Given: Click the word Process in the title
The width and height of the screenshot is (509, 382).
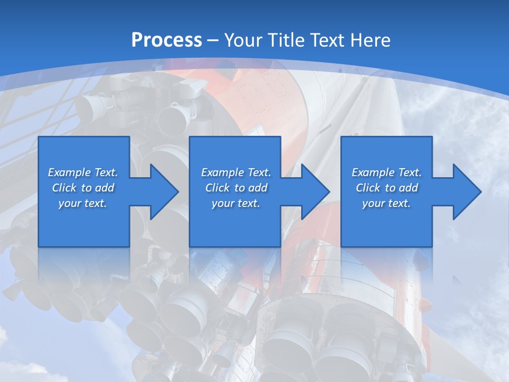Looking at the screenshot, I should [166, 40].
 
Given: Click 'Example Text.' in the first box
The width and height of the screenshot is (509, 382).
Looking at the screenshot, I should [83, 172].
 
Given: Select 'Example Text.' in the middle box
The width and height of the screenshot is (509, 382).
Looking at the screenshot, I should [236, 172].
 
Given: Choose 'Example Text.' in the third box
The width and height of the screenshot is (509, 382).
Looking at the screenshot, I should [387, 172].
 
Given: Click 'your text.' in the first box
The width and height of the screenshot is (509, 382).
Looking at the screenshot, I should [83, 203].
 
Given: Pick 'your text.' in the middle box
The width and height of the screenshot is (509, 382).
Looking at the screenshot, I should [236, 203].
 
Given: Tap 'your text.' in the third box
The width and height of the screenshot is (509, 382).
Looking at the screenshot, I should [387, 203].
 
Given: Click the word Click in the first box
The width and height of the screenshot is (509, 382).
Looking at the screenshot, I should [64, 188].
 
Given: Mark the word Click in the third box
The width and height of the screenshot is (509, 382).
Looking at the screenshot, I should [368, 188].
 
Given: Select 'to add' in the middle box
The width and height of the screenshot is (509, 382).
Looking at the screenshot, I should [250, 188].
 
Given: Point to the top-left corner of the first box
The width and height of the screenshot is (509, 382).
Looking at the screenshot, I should [39, 137].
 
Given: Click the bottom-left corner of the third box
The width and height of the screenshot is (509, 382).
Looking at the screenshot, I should [341, 246].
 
